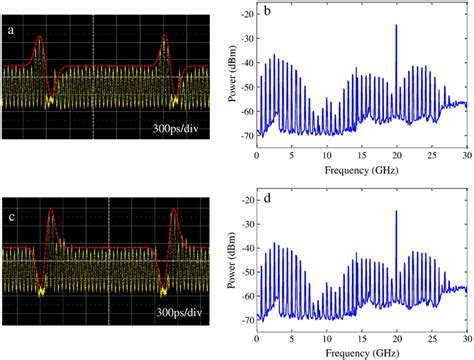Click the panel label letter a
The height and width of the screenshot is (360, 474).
(12, 31)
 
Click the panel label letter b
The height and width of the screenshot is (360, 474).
(267, 12)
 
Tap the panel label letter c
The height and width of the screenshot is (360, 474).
(12, 208)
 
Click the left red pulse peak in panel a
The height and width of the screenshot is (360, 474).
(39, 38)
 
